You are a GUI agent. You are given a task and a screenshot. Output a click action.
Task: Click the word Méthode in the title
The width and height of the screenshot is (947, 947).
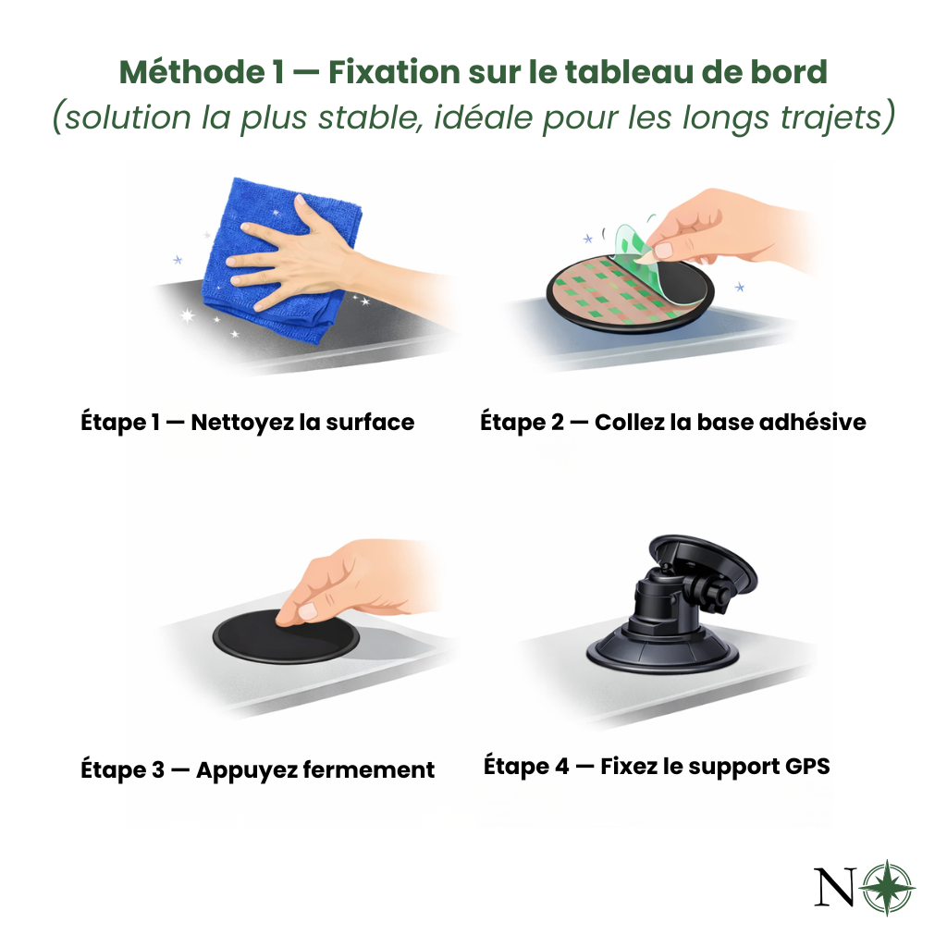192,72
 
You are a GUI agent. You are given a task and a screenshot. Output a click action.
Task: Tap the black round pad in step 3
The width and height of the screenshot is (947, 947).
286,636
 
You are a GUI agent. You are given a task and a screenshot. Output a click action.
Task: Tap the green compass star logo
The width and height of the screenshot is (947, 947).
887,887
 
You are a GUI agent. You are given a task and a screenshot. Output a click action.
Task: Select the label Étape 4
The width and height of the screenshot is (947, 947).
526,767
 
